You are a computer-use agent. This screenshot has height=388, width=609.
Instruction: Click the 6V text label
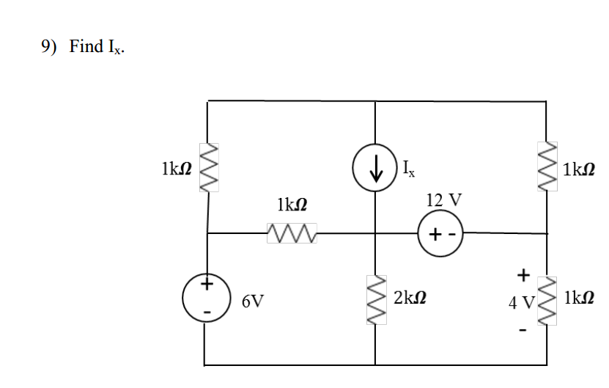click(x=254, y=300)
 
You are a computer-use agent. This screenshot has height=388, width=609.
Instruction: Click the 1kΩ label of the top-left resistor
click(x=176, y=169)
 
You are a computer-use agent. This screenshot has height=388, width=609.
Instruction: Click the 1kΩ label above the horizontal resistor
click(x=292, y=205)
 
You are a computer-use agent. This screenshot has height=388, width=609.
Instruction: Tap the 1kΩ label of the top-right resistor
click(x=579, y=169)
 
